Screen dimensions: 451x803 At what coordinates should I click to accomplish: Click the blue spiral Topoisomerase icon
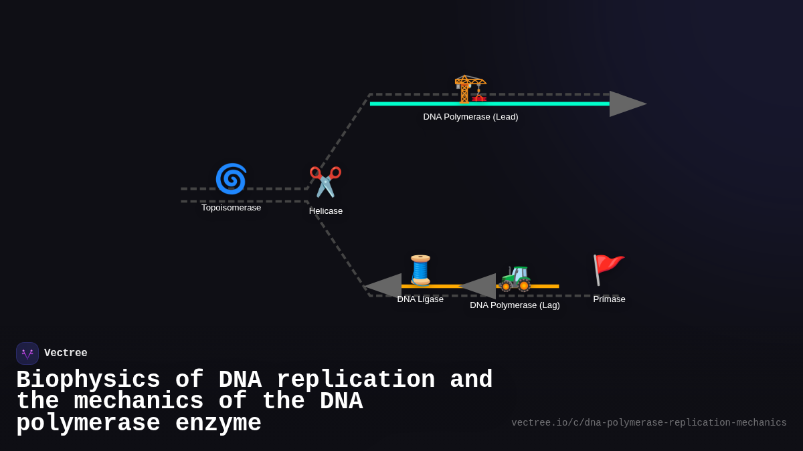[231, 179]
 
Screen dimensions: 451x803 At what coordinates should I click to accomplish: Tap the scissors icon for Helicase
[325, 182]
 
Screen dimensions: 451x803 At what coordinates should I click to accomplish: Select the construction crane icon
[470, 89]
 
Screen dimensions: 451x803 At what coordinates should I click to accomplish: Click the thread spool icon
[420, 270]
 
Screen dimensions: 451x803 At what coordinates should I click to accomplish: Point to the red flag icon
[608, 269]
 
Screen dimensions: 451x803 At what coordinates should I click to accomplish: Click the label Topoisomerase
[231, 208]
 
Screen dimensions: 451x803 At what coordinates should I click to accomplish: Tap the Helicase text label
[326, 211]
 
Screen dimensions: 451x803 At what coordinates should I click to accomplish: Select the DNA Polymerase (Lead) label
[470, 117]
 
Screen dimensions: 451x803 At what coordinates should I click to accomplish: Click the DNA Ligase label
[420, 299]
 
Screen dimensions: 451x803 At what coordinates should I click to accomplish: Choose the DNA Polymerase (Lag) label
[515, 305]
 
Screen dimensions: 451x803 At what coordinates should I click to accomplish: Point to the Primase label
[609, 299]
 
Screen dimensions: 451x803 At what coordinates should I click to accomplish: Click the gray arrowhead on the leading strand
[626, 104]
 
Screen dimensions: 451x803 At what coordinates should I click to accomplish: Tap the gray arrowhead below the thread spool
[384, 286]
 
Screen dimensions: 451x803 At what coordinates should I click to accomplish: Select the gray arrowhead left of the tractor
[479, 286]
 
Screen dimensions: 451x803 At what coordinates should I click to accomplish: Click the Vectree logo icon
[27, 353]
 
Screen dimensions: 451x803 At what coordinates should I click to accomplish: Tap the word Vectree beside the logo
[66, 353]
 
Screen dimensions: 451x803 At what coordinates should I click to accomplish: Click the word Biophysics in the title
[88, 380]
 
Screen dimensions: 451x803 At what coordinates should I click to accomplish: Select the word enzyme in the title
[218, 424]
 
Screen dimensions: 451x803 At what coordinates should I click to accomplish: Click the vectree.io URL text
[648, 423]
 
